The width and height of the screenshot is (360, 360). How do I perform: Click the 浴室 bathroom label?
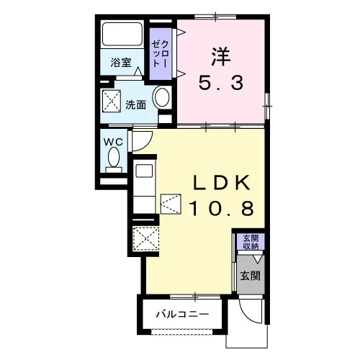coord(121,63)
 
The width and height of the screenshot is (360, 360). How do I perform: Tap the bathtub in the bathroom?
coord(122,34)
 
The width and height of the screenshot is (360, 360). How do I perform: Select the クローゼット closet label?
coord(161,54)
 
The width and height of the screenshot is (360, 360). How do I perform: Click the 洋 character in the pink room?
coord(221,57)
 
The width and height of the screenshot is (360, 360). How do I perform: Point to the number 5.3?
coord(221,82)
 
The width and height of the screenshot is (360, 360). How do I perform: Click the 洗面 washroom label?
coord(136,105)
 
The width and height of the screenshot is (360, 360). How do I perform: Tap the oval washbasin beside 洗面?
coord(162,98)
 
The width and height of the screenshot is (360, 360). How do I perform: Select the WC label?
coord(113,142)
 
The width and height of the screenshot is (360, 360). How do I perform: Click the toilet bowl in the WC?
coord(114,157)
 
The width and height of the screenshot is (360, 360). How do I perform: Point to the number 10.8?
coord(222,208)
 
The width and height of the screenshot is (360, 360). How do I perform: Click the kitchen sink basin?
coord(144,171)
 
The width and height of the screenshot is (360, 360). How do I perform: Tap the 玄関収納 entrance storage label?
coord(251,242)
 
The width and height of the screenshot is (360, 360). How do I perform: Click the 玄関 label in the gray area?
coord(251,276)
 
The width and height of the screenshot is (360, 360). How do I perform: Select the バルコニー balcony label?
coord(182,314)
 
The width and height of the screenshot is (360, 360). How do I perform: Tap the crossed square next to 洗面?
coord(112,101)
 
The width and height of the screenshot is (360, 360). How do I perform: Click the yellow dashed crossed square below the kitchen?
coord(145,239)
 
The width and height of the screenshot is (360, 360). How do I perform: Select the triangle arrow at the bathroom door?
coord(138,71)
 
